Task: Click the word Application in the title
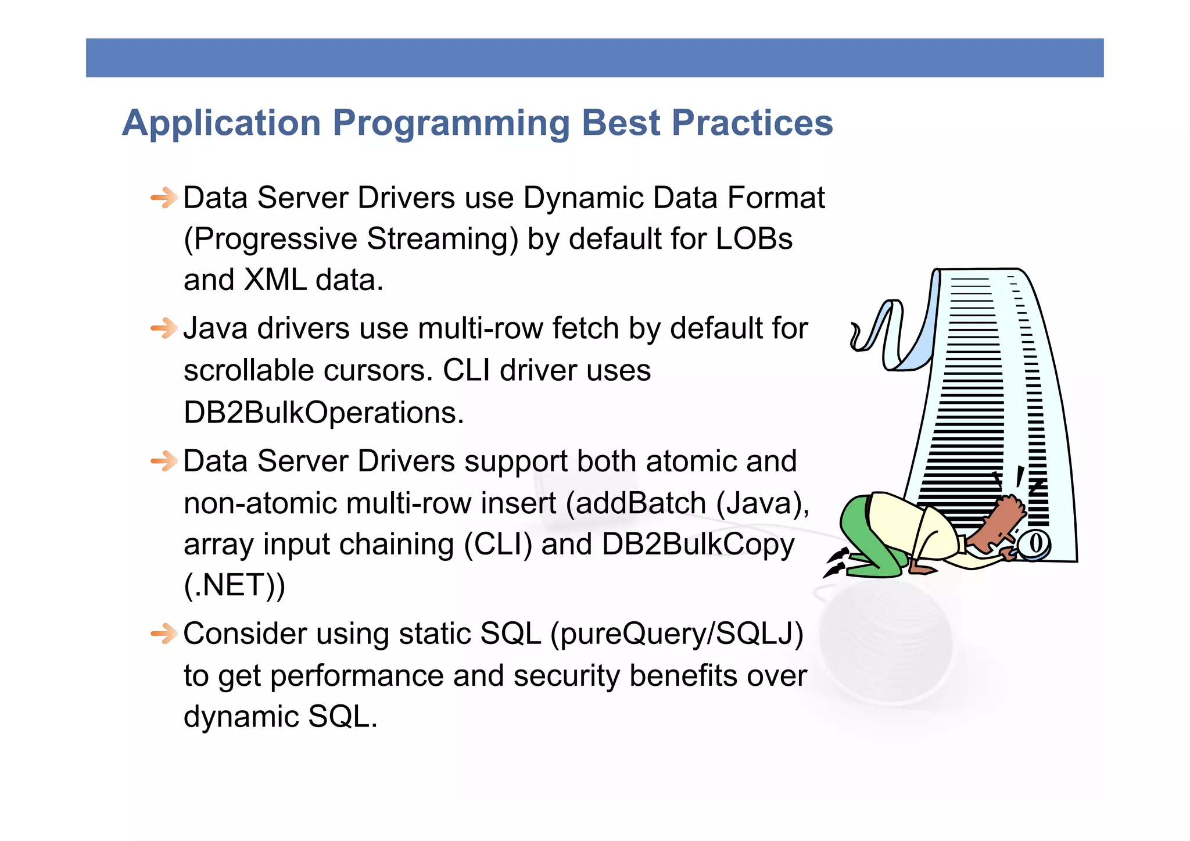(x=221, y=123)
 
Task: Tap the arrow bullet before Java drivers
(x=164, y=328)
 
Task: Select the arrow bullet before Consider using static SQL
(x=164, y=634)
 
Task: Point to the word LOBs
(x=754, y=239)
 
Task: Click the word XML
(x=275, y=280)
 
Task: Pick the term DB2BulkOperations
(x=323, y=413)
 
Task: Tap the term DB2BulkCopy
(x=697, y=545)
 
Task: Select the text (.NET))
(x=234, y=585)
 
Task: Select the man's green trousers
(x=872, y=541)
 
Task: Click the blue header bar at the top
(x=594, y=58)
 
